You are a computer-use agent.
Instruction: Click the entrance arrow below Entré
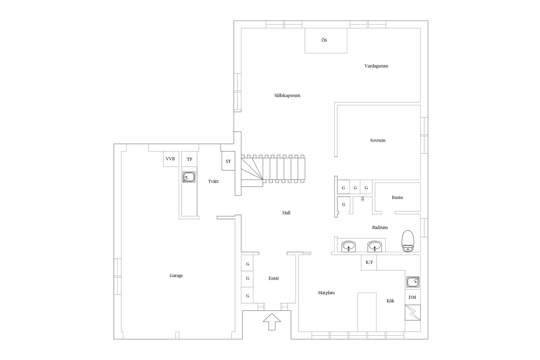[272, 322]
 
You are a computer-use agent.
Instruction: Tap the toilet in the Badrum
[408, 241]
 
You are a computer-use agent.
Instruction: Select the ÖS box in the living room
[326, 41]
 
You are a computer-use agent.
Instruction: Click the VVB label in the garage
[170, 159]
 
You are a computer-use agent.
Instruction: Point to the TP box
[189, 159]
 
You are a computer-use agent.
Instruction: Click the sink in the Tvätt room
[189, 177]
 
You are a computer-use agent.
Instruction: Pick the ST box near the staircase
[228, 161]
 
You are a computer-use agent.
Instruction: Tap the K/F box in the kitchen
[369, 262]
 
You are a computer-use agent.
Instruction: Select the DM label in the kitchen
[412, 297]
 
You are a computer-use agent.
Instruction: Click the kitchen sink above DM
[413, 282]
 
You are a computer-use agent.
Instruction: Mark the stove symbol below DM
[413, 313]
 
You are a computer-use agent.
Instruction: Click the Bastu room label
[397, 197]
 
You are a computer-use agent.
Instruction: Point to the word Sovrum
[378, 140]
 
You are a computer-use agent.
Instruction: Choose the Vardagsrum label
[376, 66]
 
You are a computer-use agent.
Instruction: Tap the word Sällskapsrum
[287, 96]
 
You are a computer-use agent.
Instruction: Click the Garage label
[176, 275]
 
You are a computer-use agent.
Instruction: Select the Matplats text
[326, 293]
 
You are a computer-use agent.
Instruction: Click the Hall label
[286, 213]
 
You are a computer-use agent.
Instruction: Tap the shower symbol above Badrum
[362, 199]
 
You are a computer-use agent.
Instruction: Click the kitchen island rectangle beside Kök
[367, 312]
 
